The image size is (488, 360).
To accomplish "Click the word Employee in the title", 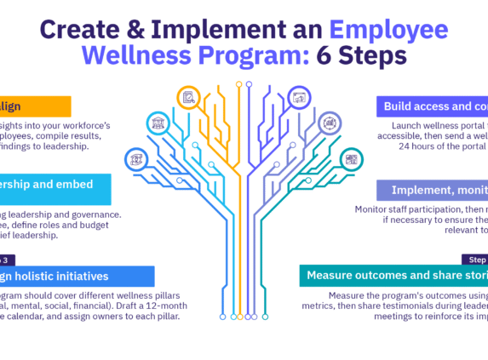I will (389, 31).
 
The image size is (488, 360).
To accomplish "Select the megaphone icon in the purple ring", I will (299, 97).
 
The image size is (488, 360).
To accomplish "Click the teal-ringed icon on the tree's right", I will (350, 158).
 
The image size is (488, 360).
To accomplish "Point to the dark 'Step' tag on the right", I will (474, 259).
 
